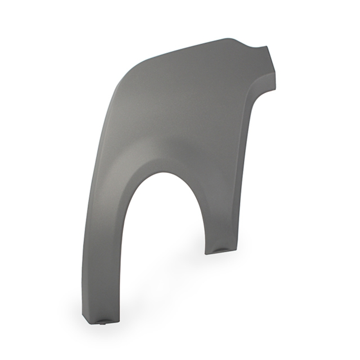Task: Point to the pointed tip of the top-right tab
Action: pos(268,46)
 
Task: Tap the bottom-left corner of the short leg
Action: pos(206,253)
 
